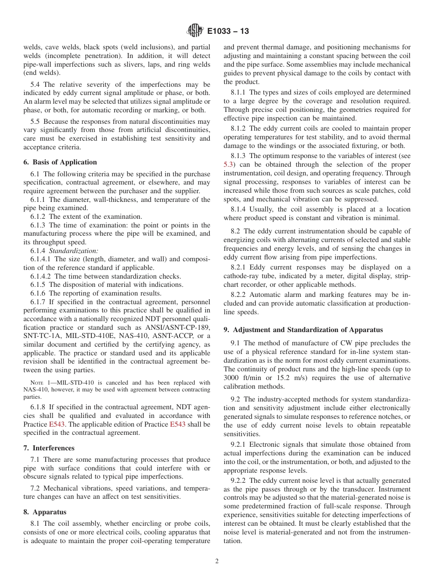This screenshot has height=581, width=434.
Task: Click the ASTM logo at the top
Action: coord(195,31)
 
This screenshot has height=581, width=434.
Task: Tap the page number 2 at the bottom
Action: coord(217,561)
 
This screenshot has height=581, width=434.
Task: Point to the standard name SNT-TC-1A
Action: coord(41,336)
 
